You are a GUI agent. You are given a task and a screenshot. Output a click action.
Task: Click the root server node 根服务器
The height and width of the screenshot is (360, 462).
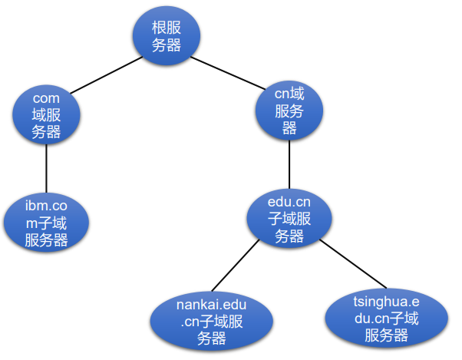(x=167, y=35)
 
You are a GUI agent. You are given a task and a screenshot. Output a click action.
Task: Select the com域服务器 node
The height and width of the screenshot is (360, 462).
(x=46, y=114)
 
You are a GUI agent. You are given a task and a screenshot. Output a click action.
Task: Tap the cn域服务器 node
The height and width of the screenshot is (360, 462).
(x=289, y=111)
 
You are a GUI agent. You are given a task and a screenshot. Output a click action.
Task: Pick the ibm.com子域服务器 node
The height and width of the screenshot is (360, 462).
(x=46, y=223)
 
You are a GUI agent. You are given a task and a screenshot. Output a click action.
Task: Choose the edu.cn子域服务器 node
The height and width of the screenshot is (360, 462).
(x=289, y=218)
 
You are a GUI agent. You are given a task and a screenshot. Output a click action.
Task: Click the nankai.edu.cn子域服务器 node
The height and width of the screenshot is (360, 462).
(x=212, y=321)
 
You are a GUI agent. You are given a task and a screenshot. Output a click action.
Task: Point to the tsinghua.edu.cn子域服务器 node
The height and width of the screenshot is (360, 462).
(x=387, y=319)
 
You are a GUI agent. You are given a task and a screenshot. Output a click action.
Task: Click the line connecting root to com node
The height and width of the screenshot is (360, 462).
(x=107, y=75)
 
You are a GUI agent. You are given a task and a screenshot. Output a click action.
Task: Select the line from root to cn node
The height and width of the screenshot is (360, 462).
(x=228, y=73)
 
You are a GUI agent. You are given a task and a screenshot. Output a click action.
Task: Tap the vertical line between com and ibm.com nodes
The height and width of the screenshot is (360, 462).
(x=46, y=169)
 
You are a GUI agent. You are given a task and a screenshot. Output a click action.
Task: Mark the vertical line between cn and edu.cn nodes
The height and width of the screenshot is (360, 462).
(x=289, y=164)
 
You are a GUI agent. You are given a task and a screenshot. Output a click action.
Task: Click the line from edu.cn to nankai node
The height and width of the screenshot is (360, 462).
(x=236, y=265)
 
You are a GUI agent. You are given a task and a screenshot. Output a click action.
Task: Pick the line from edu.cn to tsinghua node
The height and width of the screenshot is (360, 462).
(x=353, y=264)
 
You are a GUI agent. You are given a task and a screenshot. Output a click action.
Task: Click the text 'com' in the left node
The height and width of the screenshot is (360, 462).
(x=46, y=98)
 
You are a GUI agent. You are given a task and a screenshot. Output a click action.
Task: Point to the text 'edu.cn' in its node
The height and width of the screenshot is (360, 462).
(x=289, y=202)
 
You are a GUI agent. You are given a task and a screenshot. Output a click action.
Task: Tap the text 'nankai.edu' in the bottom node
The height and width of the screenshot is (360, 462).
(x=211, y=305)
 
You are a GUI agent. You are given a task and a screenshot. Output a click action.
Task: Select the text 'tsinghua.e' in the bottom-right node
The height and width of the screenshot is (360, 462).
(x=386, y=302)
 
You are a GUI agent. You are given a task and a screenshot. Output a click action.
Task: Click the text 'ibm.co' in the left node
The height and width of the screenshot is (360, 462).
(x=46, y=206)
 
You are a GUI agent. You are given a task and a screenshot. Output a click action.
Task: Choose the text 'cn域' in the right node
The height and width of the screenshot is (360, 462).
(x=289, y=94)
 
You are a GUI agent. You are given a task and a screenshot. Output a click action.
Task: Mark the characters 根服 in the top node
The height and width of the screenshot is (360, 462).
(x=167, y=28)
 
